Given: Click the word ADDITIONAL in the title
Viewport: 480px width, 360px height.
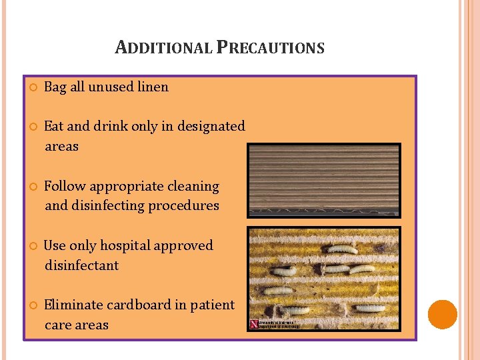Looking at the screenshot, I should coord(164,48).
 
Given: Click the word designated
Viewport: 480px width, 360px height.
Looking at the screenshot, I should coord(213,126).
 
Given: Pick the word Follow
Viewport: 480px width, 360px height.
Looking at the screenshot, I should coord(65,186).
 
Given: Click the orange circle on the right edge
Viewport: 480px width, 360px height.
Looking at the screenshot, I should coord(443,315).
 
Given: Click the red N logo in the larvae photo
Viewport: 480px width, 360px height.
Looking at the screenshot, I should coord(253,324).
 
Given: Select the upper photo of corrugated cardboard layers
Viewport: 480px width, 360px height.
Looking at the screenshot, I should coord(324,180).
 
